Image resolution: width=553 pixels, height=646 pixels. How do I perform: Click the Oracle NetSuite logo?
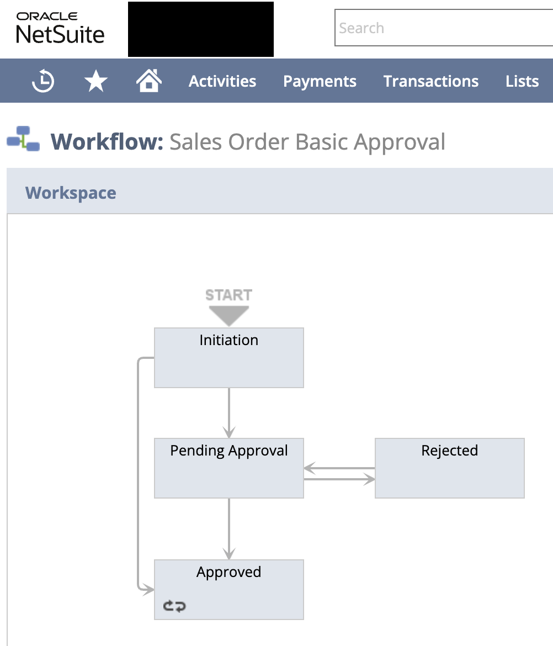[x=60, y=28]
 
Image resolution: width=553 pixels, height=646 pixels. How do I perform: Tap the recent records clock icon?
[x=43, y=82]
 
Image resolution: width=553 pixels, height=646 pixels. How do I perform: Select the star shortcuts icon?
[x=96, y=82]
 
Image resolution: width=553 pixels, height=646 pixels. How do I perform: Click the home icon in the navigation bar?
[x=149, y=81]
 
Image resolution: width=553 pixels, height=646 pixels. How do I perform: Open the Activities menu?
[x=222, y=82]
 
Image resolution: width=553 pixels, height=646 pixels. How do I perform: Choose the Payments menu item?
[x=320, y=82]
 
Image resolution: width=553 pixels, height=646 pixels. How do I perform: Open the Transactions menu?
[x=431, y=82]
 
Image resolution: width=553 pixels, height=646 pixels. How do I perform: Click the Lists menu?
[x=522, y=82]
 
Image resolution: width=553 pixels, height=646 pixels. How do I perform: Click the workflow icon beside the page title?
[x=23, y=139]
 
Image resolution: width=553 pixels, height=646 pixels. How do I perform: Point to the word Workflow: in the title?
[x=107, y=142]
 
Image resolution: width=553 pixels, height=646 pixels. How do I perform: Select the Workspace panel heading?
[x=71, y=193]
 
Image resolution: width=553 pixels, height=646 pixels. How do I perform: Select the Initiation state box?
[x=228, y=358]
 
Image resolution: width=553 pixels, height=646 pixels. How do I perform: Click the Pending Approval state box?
[x=228, y=468]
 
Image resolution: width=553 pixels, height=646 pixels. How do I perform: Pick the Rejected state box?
[x=449, y=468]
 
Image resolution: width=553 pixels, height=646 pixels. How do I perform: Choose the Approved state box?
[x=228, y=589]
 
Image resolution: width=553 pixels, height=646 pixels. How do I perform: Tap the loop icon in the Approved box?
[x=174, y=606]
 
